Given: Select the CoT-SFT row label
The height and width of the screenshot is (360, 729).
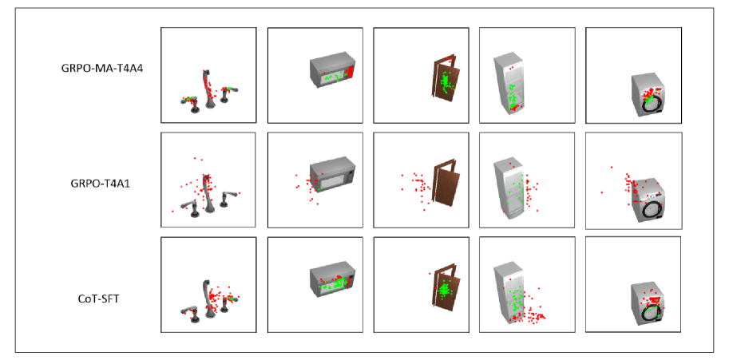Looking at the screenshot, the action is (98, 299).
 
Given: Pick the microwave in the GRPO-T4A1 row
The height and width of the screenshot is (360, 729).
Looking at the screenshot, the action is (332, 176).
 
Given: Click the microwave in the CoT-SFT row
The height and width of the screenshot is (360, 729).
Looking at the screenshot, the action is (332, 280).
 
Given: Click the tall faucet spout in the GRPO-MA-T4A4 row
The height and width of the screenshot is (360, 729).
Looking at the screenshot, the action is (207, 89).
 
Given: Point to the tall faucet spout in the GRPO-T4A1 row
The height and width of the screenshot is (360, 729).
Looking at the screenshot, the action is (207, 194).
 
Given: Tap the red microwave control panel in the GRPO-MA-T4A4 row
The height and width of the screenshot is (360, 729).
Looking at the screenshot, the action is (351, 73).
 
